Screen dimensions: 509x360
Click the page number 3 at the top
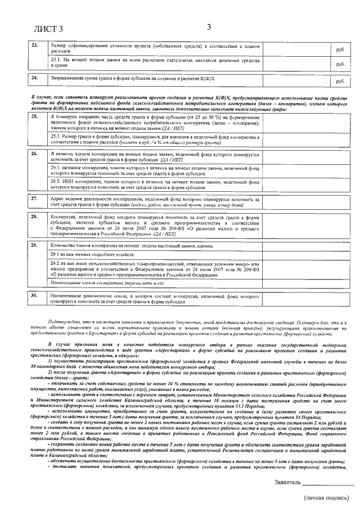pyautogui.click(x=209, y=26)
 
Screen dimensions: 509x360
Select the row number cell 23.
pyautogui.click(x=35, y=45)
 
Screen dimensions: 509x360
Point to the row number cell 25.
pyautogui.click(x=35, y=116)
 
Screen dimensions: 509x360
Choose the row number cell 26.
pyautogui.click(x=35, y=153)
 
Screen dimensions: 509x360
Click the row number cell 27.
pyautogui.click(x=35, y=199)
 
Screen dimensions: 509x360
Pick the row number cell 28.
pyautogui.click(x=35, y=216)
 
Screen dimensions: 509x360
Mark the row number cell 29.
pyautogui.click(x=35, y=245)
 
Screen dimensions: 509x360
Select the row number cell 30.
pyautogui.click(x=35, y=295)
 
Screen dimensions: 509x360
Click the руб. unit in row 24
pyautogui.click(x=340, y=82)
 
